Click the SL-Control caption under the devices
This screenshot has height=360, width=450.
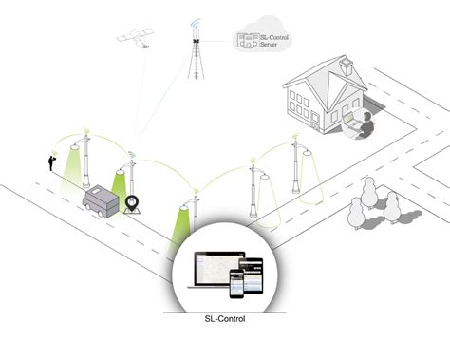(x=225, y=319)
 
